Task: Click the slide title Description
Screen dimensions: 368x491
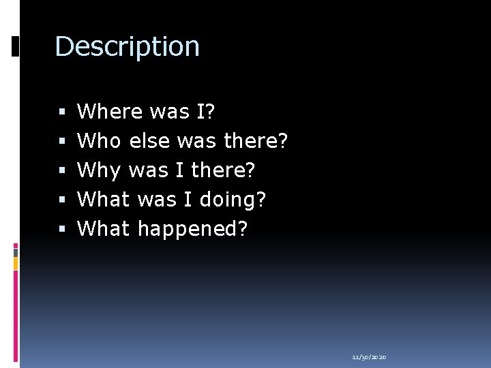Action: point(127,47)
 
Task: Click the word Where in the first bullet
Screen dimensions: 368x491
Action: point(110,111)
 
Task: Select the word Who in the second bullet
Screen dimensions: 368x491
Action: point(99,141)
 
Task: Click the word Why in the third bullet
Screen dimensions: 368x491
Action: point(99,170)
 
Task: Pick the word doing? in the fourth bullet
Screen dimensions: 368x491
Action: point(233,200)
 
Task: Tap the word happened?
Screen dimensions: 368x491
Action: point(193,229)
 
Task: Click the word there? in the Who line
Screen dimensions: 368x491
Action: point(256,141)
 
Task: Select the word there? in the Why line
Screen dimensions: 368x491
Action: point(224,170)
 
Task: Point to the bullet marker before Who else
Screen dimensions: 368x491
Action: point(62,141)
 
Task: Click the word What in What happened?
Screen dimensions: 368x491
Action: point(103,229)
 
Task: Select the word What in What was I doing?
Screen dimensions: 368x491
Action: point(103,200)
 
